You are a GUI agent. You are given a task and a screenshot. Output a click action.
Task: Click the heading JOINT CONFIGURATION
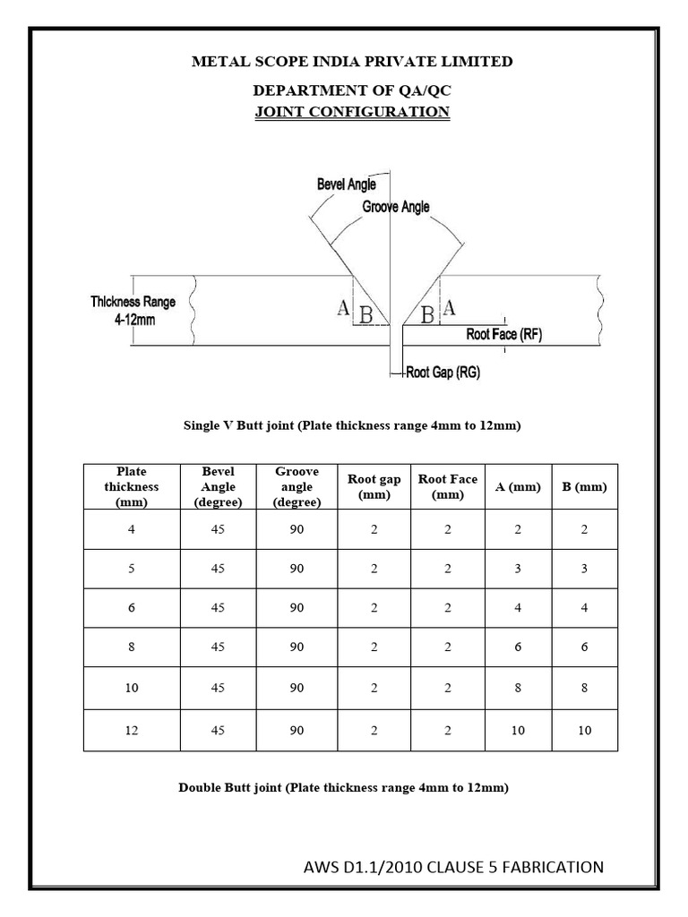pos(351,112)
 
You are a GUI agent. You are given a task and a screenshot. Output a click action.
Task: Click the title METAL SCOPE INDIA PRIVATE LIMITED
pos(351,62)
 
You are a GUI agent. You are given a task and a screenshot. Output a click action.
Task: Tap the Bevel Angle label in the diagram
pos(346,184)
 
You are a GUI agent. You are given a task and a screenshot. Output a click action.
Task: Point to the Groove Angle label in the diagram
pos(395,207)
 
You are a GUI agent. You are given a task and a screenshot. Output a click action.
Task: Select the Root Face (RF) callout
pos(504,335)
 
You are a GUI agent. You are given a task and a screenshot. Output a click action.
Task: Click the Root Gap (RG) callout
pos(443,373)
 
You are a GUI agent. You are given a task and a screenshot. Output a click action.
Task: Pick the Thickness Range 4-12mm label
pos(133,310)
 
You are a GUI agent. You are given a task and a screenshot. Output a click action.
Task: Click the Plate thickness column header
pos(131,486)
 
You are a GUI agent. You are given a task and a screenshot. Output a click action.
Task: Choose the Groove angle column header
pos(297,486)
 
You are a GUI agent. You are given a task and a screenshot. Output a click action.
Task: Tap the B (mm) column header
pos(584,487)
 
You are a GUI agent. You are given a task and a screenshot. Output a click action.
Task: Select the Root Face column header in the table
pos(448,487)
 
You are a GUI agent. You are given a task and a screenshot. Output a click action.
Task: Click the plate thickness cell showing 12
pos(131,731)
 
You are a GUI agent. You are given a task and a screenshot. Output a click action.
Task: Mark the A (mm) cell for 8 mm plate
pos(518,647)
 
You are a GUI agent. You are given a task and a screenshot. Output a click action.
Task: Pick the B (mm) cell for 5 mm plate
pos(584,569)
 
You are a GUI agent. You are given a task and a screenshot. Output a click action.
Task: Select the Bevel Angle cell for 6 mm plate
pos(218,608)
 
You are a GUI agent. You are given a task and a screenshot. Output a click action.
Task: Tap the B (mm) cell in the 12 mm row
pos(584,731)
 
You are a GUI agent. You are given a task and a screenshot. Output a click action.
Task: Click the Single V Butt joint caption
pos(352,426)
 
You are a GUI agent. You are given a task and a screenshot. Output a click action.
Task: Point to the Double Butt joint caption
pos(344,788)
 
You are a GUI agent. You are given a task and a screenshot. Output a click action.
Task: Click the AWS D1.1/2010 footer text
pos(453,867)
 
